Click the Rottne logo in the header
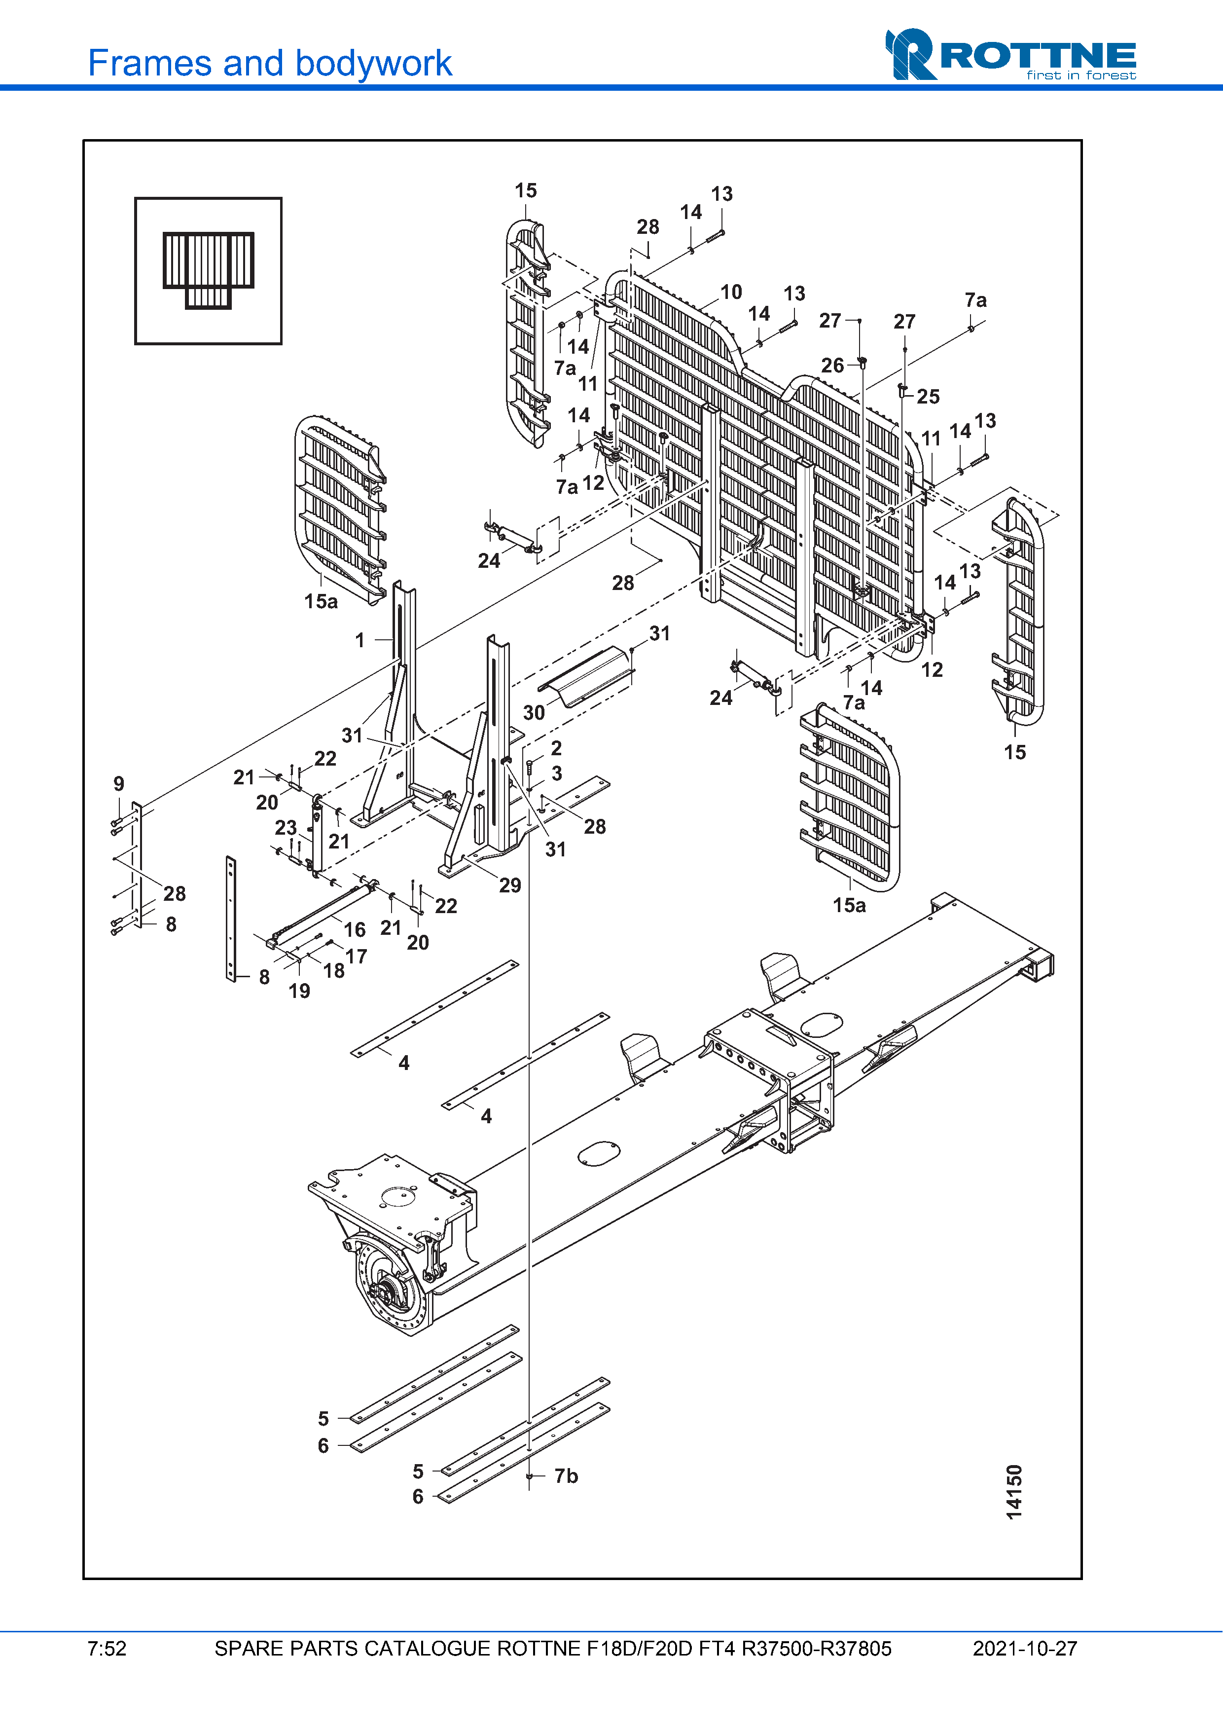point(1010,55)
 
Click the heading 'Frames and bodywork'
point(270,63)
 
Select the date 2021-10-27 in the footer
point(1024,1649)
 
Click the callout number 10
point(731,293)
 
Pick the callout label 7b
point(566,1476)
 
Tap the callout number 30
point(534,712)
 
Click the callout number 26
point(832,366)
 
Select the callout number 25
point(929,397)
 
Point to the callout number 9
point(119,784)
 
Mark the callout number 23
point(286,828)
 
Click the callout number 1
point(360,640)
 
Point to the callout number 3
point(557,773)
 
